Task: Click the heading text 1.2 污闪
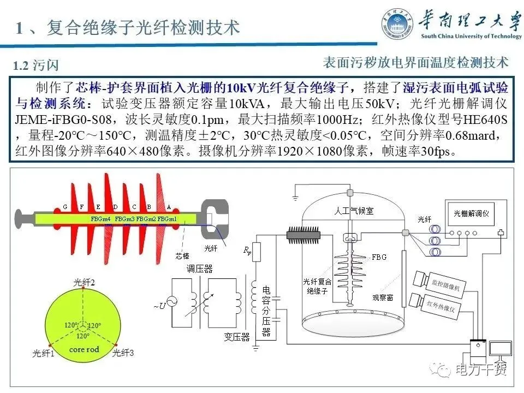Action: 36,66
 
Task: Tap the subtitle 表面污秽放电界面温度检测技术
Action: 415,62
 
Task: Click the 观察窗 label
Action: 383,298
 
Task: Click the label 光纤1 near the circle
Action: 44,353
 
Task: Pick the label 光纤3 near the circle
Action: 123,353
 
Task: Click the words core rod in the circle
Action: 84,349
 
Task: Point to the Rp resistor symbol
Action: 257,251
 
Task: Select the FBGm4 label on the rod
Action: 101,219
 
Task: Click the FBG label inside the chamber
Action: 379,257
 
